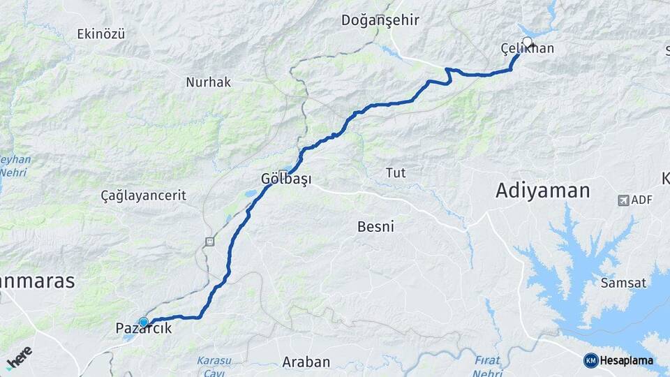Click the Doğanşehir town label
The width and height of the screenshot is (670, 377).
tap(380, 20)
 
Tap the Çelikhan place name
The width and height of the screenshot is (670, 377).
tap(527, 49)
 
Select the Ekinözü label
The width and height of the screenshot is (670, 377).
tap(101, 34)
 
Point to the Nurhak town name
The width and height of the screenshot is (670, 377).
tap(208, 82)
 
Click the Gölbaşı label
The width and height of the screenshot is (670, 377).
tap(285, 179)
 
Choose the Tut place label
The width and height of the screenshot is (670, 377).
tap(396, 172)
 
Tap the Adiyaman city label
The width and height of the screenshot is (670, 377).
tap(542, 191)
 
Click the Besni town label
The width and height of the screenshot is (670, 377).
tap(375, 226)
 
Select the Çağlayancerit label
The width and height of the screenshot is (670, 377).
tap(143, 195)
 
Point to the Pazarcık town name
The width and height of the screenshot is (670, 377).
tap(143, 328)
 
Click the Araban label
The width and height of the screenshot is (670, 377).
tap(306, 362)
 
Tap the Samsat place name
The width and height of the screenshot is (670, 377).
tap(623, 283)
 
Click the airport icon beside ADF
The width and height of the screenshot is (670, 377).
tap(623, 200)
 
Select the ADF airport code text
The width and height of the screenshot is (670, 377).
tap(641, 200)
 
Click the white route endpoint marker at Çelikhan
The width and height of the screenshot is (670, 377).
tap(527, 41)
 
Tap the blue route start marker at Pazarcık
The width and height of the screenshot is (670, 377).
tap(144, 322)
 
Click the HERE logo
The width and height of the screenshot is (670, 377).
tap(19, 357)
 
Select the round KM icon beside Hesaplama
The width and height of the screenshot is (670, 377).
tap(590, 360)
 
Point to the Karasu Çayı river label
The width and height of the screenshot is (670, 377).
tap(214, 367)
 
